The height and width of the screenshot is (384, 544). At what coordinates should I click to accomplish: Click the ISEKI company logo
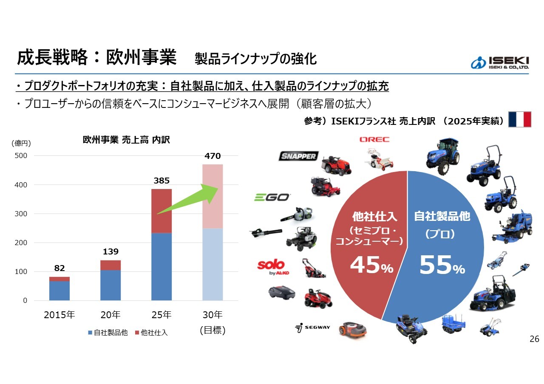pyautogui.click(x=500, y=63)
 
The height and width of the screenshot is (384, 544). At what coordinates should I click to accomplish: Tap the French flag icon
pyautogui.click(x=520, y=119)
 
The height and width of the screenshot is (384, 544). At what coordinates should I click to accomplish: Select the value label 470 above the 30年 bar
pyautogui.click(x=212, y=156)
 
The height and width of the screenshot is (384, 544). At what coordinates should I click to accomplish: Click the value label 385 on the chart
pyautogui.click(x=161, y=181)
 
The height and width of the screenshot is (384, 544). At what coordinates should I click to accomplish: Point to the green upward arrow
pyautogui.click(x=188, y=199)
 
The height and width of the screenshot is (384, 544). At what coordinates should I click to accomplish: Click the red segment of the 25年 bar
pyautogui.click(x=161, y=211)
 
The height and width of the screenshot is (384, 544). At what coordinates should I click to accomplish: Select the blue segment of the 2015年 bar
pyautogui.click(x=59, y=291)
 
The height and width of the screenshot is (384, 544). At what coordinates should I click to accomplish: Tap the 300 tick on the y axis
pyautogui.click(x=21, y=214)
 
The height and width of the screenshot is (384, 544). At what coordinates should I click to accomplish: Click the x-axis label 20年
pyautogui.click(x=110, y=315)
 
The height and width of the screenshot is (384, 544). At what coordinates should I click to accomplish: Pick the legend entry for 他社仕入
pyautogui.click(x=151, y=333)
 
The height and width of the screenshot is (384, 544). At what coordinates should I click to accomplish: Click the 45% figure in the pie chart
pyautogui.click(x=371, y=265)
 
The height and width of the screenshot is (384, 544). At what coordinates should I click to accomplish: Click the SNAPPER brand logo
pyautogui.click(x=298, y=156)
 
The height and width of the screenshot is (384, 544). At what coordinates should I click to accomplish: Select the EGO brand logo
pyautogui.click(x=272, y=197)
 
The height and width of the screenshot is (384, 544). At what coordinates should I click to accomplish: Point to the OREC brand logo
pyautogui.click(x=374, y=139)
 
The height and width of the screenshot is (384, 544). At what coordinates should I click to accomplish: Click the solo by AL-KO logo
pyautogui.click(x=273, y=268)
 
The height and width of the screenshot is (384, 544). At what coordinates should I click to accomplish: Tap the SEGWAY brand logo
pyautogui.click(x=312, y=328)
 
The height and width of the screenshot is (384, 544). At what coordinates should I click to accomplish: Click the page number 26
pyautogui.click(x=534, y=339)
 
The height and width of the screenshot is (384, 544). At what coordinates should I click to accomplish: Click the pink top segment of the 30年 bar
pyautogui.click(x=212, y=196)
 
